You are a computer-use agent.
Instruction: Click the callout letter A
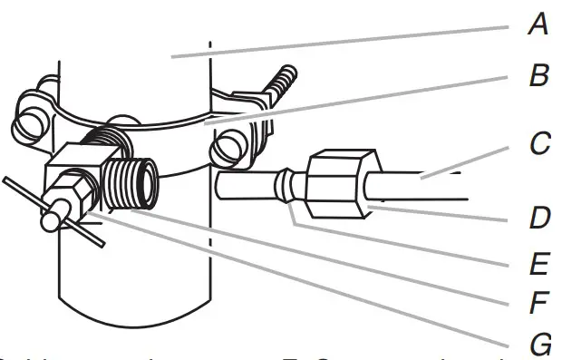point(538,25)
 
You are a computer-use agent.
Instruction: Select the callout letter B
point(538,78)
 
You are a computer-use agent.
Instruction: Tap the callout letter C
point(538,143)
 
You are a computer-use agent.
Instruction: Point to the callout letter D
point(538,219)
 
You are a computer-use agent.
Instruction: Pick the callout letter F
point(538,302)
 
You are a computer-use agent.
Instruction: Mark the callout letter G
point(538,345)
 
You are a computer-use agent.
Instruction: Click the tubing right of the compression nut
point(417,188)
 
